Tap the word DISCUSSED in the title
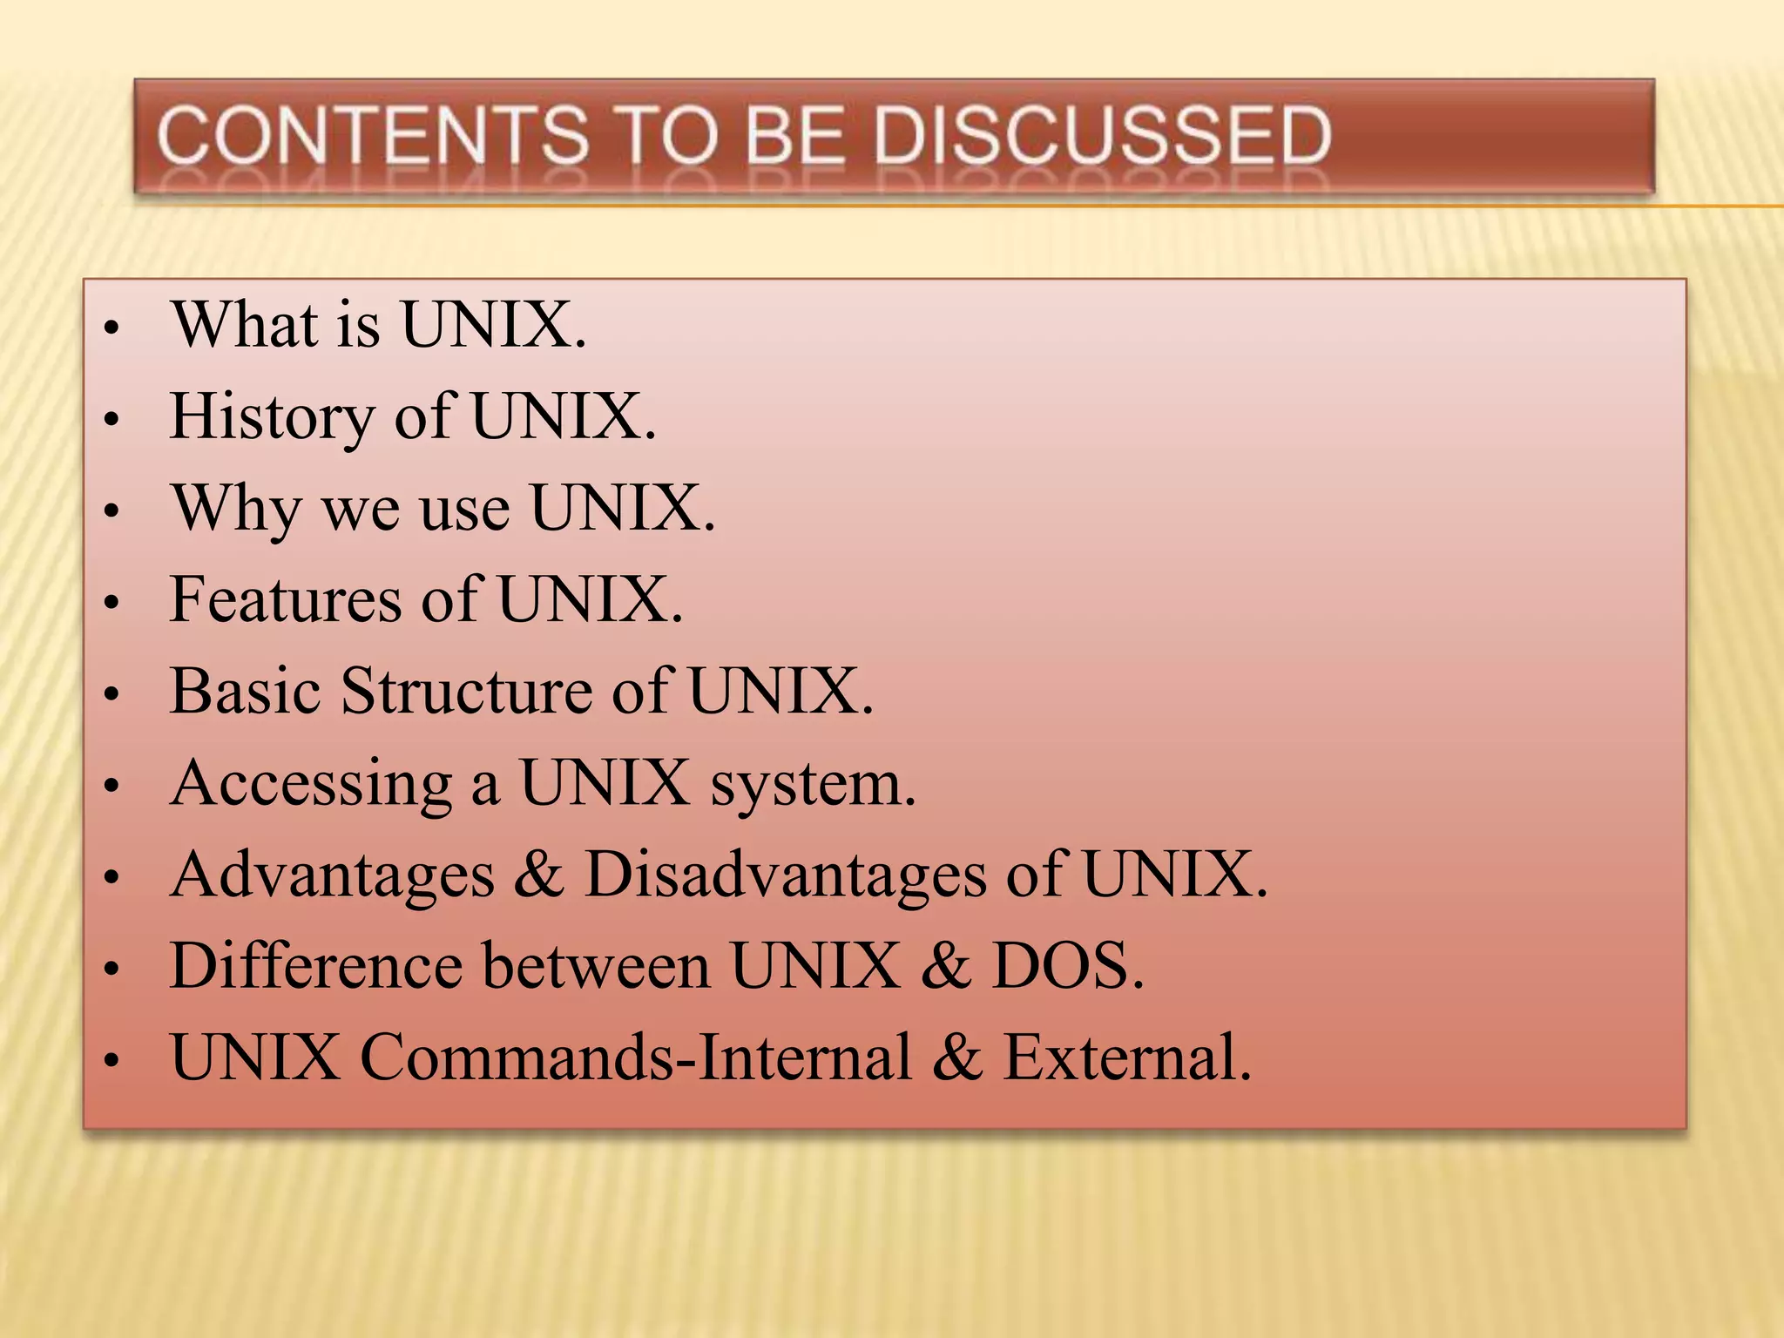click(x=1102, y=135)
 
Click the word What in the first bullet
click(x=245, y=324)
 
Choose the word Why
click(x=236, y=509)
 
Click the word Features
click(x=286, y=599)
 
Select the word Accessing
click(x=312, y=784)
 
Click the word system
click(x=813, y=784)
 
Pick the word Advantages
click(x=333, y=875)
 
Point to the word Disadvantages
click(x=785, y=875)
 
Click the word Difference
click(x=316, y=966)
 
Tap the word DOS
click(x=1067, y=966)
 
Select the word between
click(x=597, y=966)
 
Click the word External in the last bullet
click(x=1127, y=1058)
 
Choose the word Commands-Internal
click(x=636, y=1058)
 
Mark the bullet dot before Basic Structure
click(x=111, y=695)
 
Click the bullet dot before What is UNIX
click(x=111, y=329)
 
